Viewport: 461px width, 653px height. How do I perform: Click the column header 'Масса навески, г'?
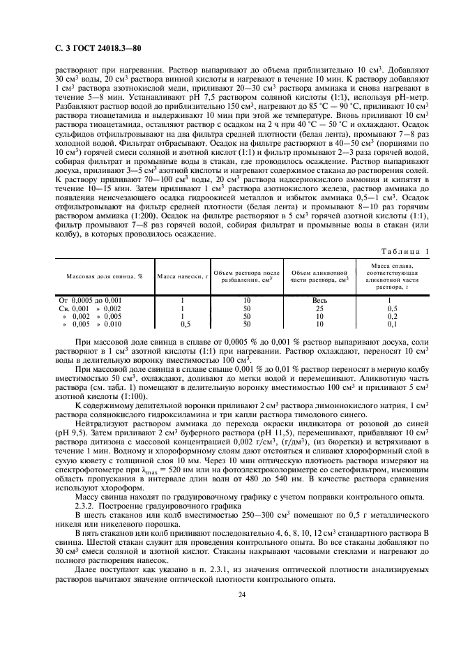pyautogui.click(x=183, y=276)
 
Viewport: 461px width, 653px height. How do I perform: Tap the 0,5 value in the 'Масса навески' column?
pyautogui.click(x=183, y=324)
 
